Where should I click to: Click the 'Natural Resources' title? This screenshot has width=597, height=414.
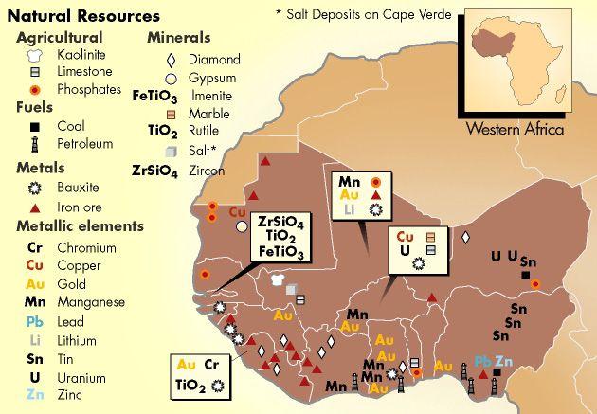[82, 16]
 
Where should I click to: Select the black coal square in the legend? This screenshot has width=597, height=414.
[34, 126]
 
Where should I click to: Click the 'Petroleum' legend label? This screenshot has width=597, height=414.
[84, 144]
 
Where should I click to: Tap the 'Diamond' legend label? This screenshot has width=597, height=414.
[215, 59]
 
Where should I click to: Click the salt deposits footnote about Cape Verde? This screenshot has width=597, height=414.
[362, 15]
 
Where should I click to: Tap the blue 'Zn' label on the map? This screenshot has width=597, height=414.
[504, 362]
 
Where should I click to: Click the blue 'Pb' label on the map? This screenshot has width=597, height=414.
[482, 362]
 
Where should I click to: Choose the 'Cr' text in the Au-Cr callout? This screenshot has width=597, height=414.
[213, 364]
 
